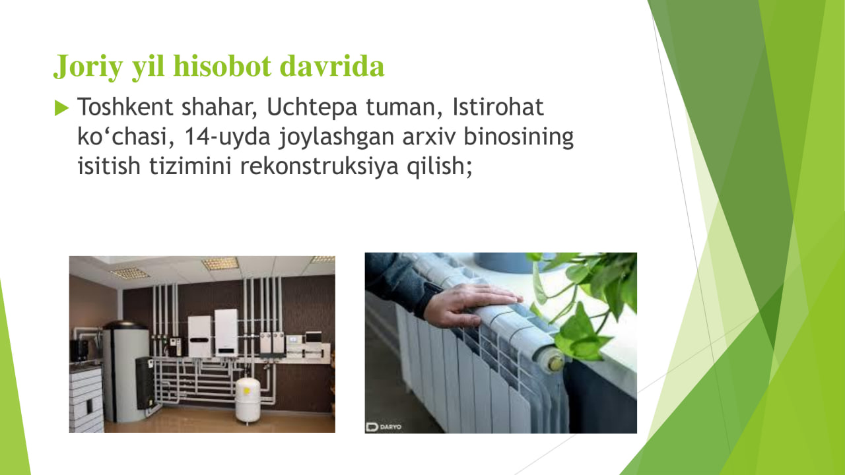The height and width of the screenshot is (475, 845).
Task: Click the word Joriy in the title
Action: click(x=88, y=67)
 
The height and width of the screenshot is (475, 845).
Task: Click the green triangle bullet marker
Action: click(x=61, y=108)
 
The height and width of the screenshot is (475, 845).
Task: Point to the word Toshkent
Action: click(x=125, y=107)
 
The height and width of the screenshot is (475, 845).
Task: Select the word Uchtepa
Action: click(x=312, y=108)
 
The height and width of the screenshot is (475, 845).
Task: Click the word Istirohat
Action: click(x=498, y=107)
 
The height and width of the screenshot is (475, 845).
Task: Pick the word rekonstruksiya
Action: click(x=319, y=166)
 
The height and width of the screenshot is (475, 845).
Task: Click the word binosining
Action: click(x=519, y=137)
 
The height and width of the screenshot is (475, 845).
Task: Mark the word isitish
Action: click(x=109, y=166)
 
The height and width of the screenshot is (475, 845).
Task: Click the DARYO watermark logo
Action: click(x=384, y=427)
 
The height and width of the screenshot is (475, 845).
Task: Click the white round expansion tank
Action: click(x=248, y=400)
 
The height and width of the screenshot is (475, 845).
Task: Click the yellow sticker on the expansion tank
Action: click(x=247, y=391)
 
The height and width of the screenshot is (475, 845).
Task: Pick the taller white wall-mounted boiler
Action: click(x=226, y=332)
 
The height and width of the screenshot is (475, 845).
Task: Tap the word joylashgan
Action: click(x=337, y=137)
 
